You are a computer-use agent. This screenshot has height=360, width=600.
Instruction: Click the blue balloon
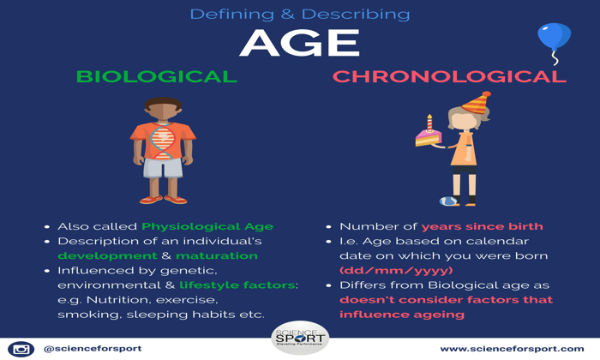coord(554,36)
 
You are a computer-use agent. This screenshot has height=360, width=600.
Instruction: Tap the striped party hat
coord(477,104)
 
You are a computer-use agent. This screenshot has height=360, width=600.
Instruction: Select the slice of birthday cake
coord(429,138)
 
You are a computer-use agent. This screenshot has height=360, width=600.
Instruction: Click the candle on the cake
coord(429,123)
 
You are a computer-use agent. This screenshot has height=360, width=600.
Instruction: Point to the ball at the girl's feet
coord(448,201)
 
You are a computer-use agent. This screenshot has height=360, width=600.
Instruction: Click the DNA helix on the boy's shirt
coord(163,141)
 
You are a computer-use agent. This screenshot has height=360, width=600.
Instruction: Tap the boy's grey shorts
coord(163,168)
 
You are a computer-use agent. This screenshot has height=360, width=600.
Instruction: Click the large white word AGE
coord(300,43)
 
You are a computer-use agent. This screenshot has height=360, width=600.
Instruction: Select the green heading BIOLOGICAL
coord(157,76)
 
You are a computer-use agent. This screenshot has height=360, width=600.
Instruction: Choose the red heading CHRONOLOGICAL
coord(449,76)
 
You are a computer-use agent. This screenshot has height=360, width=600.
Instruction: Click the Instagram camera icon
coord(21,349)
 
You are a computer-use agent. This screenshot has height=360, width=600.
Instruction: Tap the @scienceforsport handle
coord(93,349)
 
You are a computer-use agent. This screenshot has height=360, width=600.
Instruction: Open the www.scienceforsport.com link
coord(512,349)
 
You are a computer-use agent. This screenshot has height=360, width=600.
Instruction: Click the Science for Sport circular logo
coord(300,338)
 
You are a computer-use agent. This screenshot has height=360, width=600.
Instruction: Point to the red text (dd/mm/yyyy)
coord(396,271)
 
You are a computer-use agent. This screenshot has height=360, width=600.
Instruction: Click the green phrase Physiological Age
coord(207,226)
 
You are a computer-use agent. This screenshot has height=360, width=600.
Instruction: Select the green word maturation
coord(217,255)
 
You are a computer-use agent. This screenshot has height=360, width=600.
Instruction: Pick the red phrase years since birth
coord(482,226)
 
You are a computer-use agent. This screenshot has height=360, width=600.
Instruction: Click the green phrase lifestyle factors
coord(237,285)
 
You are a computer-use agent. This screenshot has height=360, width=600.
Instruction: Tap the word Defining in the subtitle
coord(232,15)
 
